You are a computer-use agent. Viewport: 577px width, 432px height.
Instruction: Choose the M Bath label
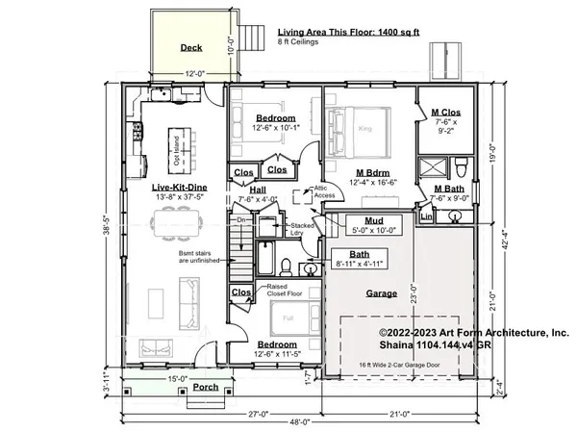coord(450,189)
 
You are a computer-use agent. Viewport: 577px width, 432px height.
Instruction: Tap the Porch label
coord(205,388)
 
